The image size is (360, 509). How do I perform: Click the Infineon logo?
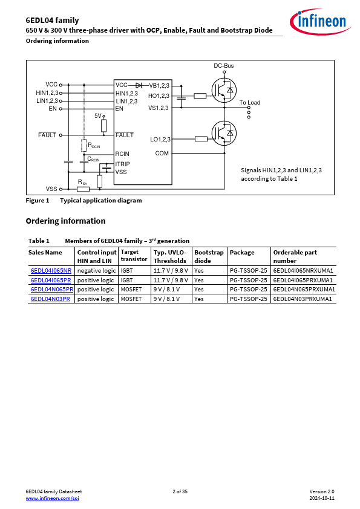(x=320, y=22)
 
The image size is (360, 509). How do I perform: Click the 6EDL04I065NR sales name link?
(x=51, y=271)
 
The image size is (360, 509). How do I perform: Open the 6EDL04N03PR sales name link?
(x=50, y=299)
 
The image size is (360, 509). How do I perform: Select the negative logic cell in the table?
(x=96, y=271)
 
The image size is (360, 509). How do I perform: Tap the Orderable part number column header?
(x=295, y=256)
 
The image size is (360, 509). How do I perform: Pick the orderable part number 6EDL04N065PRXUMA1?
(x=304, y=290)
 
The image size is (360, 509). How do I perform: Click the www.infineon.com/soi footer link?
(x=52, y=498)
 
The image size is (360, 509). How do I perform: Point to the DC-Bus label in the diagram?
(x=223, y=65)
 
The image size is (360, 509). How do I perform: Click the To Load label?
(x=250, y=103)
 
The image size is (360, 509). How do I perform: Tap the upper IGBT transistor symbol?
(x=224, y=90)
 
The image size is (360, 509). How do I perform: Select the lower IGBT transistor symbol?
(x=224, y=133)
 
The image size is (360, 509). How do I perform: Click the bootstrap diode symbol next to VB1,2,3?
(x=139, y=85)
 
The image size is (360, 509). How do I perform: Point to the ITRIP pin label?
(x=122, y=164)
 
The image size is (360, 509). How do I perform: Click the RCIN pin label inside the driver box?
(x=122, y=154)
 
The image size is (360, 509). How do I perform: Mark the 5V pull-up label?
(x=98, y=116)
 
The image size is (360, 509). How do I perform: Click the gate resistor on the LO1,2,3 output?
(x=201, y=139)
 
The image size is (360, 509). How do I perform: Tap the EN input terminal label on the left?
(x=53, y=109)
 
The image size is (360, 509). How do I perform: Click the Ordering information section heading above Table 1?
(x=65, y=221)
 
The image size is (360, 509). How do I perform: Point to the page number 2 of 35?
(x=180, y=491)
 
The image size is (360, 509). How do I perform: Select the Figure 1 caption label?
(x=38, y=201)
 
